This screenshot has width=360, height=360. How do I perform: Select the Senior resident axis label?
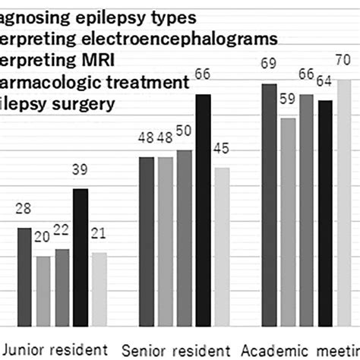175,350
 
